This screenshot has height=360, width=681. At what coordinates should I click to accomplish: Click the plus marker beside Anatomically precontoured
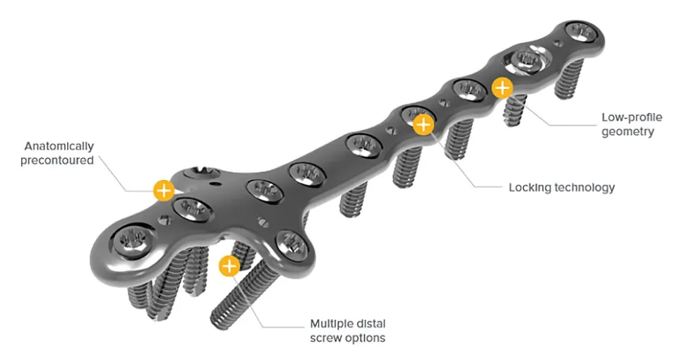[164, 190]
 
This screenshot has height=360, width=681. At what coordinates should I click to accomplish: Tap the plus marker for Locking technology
[423, 125]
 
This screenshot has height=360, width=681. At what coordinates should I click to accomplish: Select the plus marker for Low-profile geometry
[502, 88]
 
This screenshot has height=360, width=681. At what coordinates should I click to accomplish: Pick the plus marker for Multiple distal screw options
[229, 266]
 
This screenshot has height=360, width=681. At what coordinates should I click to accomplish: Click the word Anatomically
[59, 146]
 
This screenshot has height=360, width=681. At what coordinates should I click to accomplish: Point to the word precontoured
[57, 160]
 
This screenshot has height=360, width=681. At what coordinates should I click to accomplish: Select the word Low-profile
[632, 117]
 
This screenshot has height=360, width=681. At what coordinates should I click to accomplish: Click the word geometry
[627, 131]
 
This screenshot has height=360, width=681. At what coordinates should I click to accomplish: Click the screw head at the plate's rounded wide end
[133, 242]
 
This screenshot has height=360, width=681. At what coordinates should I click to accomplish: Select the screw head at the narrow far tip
[579, 33]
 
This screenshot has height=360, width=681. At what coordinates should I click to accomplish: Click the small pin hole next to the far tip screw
[558, 44]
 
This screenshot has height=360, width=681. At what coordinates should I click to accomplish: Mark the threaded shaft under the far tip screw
[569, 78]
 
